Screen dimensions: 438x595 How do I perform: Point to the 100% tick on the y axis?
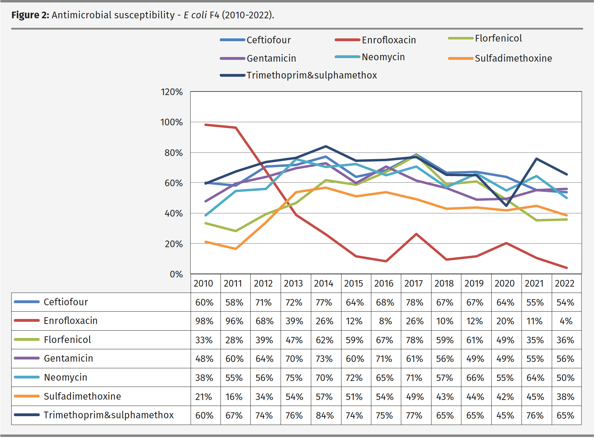pos(172,123)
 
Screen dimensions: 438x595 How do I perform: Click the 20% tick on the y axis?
pos(174,244)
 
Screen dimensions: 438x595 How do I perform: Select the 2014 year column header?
pos(324,283)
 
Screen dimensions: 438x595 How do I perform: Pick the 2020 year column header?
pos(504,283)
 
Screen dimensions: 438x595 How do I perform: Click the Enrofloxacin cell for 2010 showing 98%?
pos(204,321)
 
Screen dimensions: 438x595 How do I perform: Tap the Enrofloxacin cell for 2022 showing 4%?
pos(566,321)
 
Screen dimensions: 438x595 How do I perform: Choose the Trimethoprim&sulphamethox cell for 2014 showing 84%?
pos(325,415)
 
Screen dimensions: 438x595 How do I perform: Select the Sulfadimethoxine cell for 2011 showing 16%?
pos(234,397)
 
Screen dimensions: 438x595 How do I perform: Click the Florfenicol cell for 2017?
pos(415,340)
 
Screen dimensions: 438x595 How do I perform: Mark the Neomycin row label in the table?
pos(65,377)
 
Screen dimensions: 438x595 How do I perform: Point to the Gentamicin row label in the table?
pos(68,358)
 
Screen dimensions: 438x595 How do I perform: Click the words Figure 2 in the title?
pos(30,15)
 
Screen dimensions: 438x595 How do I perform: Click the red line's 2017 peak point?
pos(416,234)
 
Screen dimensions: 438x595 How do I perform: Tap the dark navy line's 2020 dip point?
pos(506,206)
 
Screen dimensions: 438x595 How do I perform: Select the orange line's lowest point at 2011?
pos(235,249)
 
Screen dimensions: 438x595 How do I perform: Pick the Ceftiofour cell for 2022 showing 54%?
pos(565,302)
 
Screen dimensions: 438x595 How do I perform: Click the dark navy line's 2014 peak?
pos(326,146)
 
